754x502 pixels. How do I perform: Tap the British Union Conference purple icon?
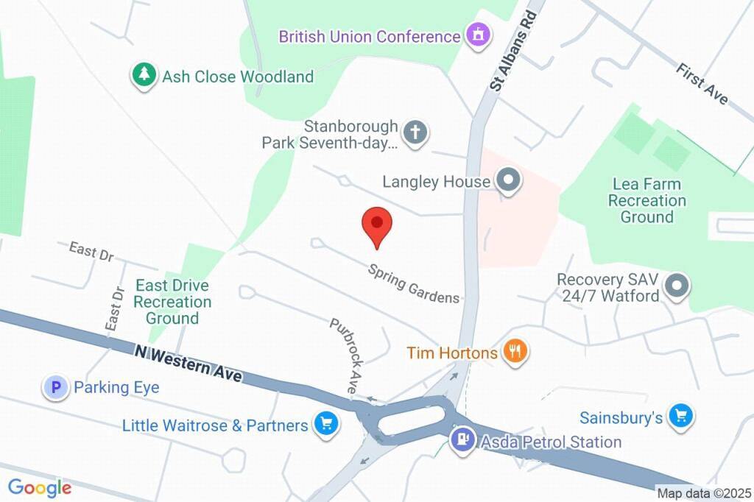pos(478,35)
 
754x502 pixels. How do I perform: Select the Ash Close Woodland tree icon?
pos(144,75)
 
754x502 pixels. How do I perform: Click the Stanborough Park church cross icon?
pos(415,133)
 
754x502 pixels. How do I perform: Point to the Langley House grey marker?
pos(507,180)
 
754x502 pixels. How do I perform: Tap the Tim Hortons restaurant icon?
pos(514,352)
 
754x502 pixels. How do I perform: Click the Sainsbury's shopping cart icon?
pos(681,417)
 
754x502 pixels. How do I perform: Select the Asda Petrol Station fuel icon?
pos(462,441)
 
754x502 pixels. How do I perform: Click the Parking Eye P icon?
pos(55,387)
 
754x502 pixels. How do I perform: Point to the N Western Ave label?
pos(188,363)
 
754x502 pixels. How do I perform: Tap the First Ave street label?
pos(702,83)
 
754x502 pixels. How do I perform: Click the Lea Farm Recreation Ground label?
pos(646,200)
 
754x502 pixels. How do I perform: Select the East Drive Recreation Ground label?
pos(172,302)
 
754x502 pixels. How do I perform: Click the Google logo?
pos(40,487)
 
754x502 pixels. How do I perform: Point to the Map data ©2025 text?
pos(704,493)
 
